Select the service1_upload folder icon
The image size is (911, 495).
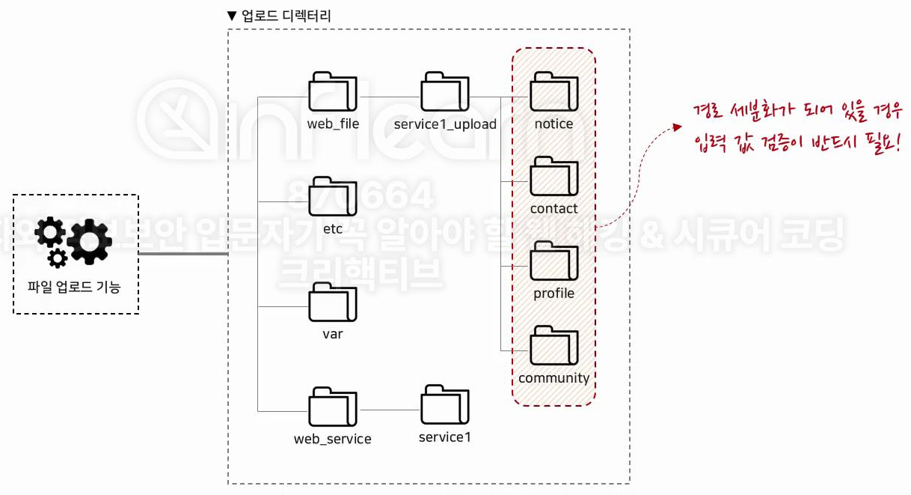pos(444,92)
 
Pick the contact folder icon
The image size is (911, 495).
pos(553,177)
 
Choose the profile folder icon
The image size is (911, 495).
pos(553,262)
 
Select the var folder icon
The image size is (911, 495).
pos(333,303)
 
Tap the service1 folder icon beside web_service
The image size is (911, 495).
pos(444,406)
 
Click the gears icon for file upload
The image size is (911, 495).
pos(75,241)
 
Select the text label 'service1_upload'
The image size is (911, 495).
pos(445,124)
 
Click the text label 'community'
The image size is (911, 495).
pos(553,378)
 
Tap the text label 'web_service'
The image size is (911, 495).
pos(333,439)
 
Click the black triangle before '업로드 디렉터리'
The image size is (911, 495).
pos(233,15)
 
